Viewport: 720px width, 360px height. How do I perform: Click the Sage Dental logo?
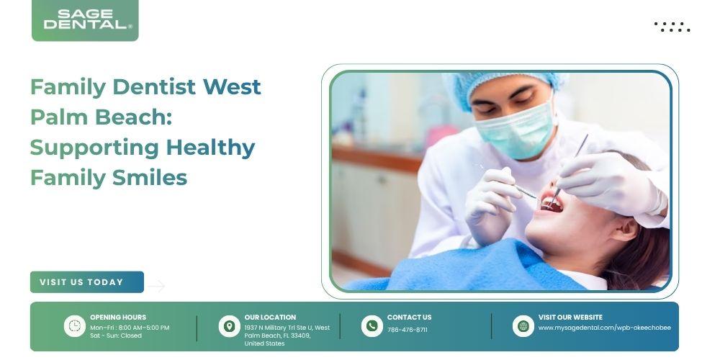pyautogui.click(x=85, y=20)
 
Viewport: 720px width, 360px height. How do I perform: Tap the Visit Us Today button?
pyautogui.click(x=87, y=282)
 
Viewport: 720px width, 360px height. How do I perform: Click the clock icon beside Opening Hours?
pyautogui.click(x=74, y=326)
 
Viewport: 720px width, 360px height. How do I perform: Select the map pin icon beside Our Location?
pyautogui.click(x=229, y=326)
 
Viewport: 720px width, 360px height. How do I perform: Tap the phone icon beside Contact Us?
pyautogui.click(x=372, y=326)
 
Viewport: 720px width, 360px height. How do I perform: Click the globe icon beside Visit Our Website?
pyautogui.click(x=523, y=326)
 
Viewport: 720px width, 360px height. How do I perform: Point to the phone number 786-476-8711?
pyautogui.click(x=408, y=330)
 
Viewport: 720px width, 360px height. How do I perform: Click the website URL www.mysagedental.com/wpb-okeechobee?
pyautogui.click(x=605, y=328)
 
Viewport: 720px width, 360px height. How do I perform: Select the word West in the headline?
pyautogui.click(x=232, y=87)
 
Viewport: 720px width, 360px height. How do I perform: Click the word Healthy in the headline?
pyautogui.click(x=211, y=148)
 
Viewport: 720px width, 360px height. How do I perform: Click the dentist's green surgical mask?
pyautogui.click(x=516, y=130)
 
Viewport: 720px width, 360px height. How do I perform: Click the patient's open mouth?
pyautogui.click(x=552, y=204)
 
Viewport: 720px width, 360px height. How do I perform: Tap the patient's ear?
pyautogui.click(x=625, y=229)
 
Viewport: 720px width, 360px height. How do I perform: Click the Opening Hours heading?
pyautogui.click(x=118, y=318)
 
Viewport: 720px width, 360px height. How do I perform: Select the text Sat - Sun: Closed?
pyautogui.click(x=116, y=336)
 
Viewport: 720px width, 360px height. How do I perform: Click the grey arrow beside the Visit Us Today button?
pyautogui.click(x=156, y=286)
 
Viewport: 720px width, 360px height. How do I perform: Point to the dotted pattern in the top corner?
pyautogui.click(x=672, y=27)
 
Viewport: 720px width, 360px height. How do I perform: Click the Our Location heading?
pyautogui.click(x=270, y=318)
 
